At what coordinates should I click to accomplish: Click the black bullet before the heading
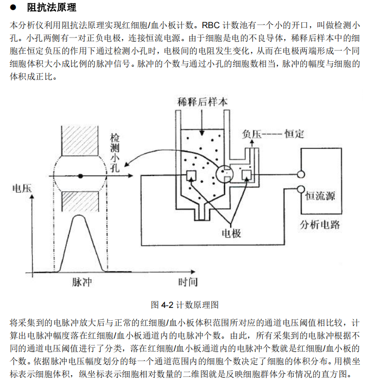(x=14, y=8)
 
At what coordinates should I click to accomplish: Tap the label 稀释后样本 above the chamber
(x=203, y=102)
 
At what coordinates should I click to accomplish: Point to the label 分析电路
(x=320, y=225)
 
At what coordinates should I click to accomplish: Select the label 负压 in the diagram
(x=251, y=134)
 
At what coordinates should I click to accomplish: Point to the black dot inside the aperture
(x=81, y=175)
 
